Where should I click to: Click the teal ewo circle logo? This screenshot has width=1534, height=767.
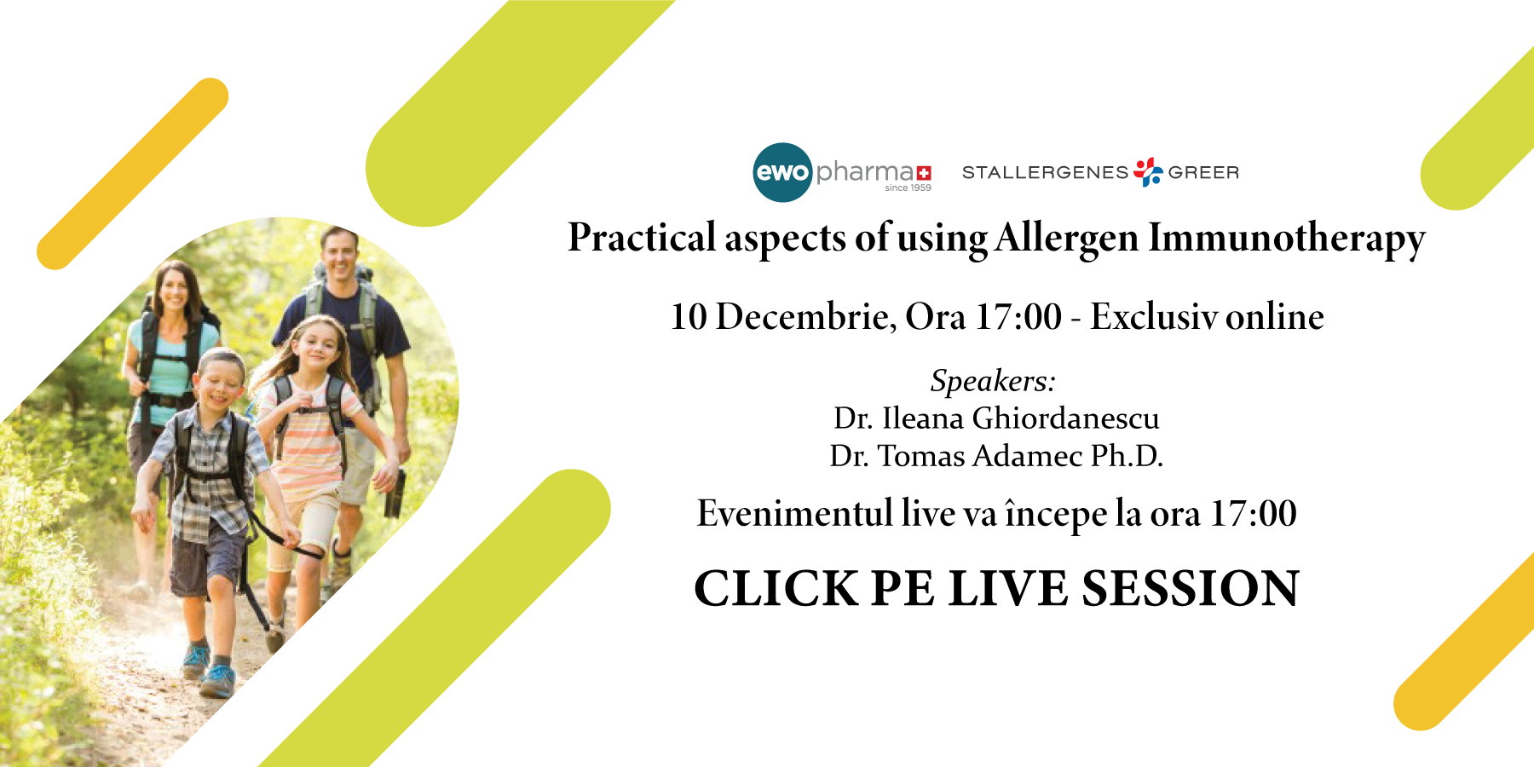(x=782, y=172)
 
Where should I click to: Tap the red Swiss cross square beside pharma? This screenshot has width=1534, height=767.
(x=924, y=173)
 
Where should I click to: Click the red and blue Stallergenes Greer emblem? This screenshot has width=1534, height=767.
(x=1148, y=171)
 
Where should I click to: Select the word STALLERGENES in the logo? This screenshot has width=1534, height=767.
(x=1045, y=173)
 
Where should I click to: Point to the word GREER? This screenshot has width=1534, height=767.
(x=1203, y=173)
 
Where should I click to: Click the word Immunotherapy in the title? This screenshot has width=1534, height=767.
(x=1286, y=239)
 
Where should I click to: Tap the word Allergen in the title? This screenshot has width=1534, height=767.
(x=1066, y=239)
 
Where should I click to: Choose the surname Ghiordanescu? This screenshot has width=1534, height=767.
(x=1065, y=418)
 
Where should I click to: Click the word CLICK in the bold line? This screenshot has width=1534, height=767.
(x=776, y=589)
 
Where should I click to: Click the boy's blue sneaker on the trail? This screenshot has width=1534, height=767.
(x=218, y=681)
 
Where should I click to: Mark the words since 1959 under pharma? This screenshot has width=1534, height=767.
(x=908, y=187)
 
